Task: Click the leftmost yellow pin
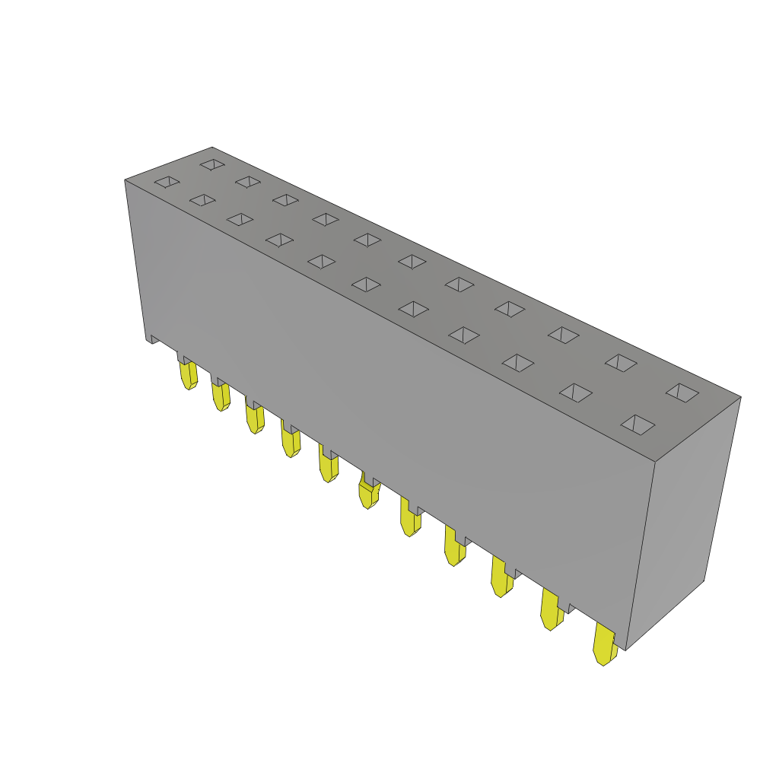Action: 188,374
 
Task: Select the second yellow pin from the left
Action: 221,396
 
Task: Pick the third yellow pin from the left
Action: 255,418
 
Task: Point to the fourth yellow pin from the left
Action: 291,441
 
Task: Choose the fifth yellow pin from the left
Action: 329,466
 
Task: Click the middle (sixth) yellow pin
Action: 368,493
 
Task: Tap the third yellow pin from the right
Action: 502,577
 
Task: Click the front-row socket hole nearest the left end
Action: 167,182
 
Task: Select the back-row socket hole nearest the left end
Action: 212,164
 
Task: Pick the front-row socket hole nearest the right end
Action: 638,424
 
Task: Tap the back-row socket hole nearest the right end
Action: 682,393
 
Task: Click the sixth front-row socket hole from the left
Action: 366,285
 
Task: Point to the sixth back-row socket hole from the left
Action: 412,262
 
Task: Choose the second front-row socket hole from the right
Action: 576,393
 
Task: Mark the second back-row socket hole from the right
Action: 621,363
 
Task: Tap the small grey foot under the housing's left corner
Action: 152,339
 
